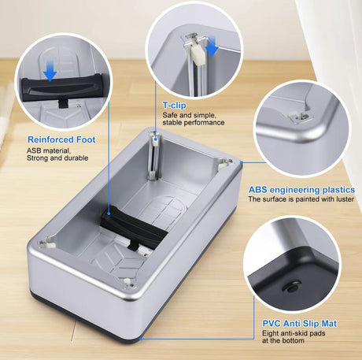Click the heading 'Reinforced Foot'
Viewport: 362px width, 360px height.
[61, 139]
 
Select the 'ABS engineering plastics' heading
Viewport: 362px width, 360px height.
[301, 190]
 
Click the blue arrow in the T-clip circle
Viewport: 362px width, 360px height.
[212, 50]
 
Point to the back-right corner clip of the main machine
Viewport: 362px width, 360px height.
[224, 163]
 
